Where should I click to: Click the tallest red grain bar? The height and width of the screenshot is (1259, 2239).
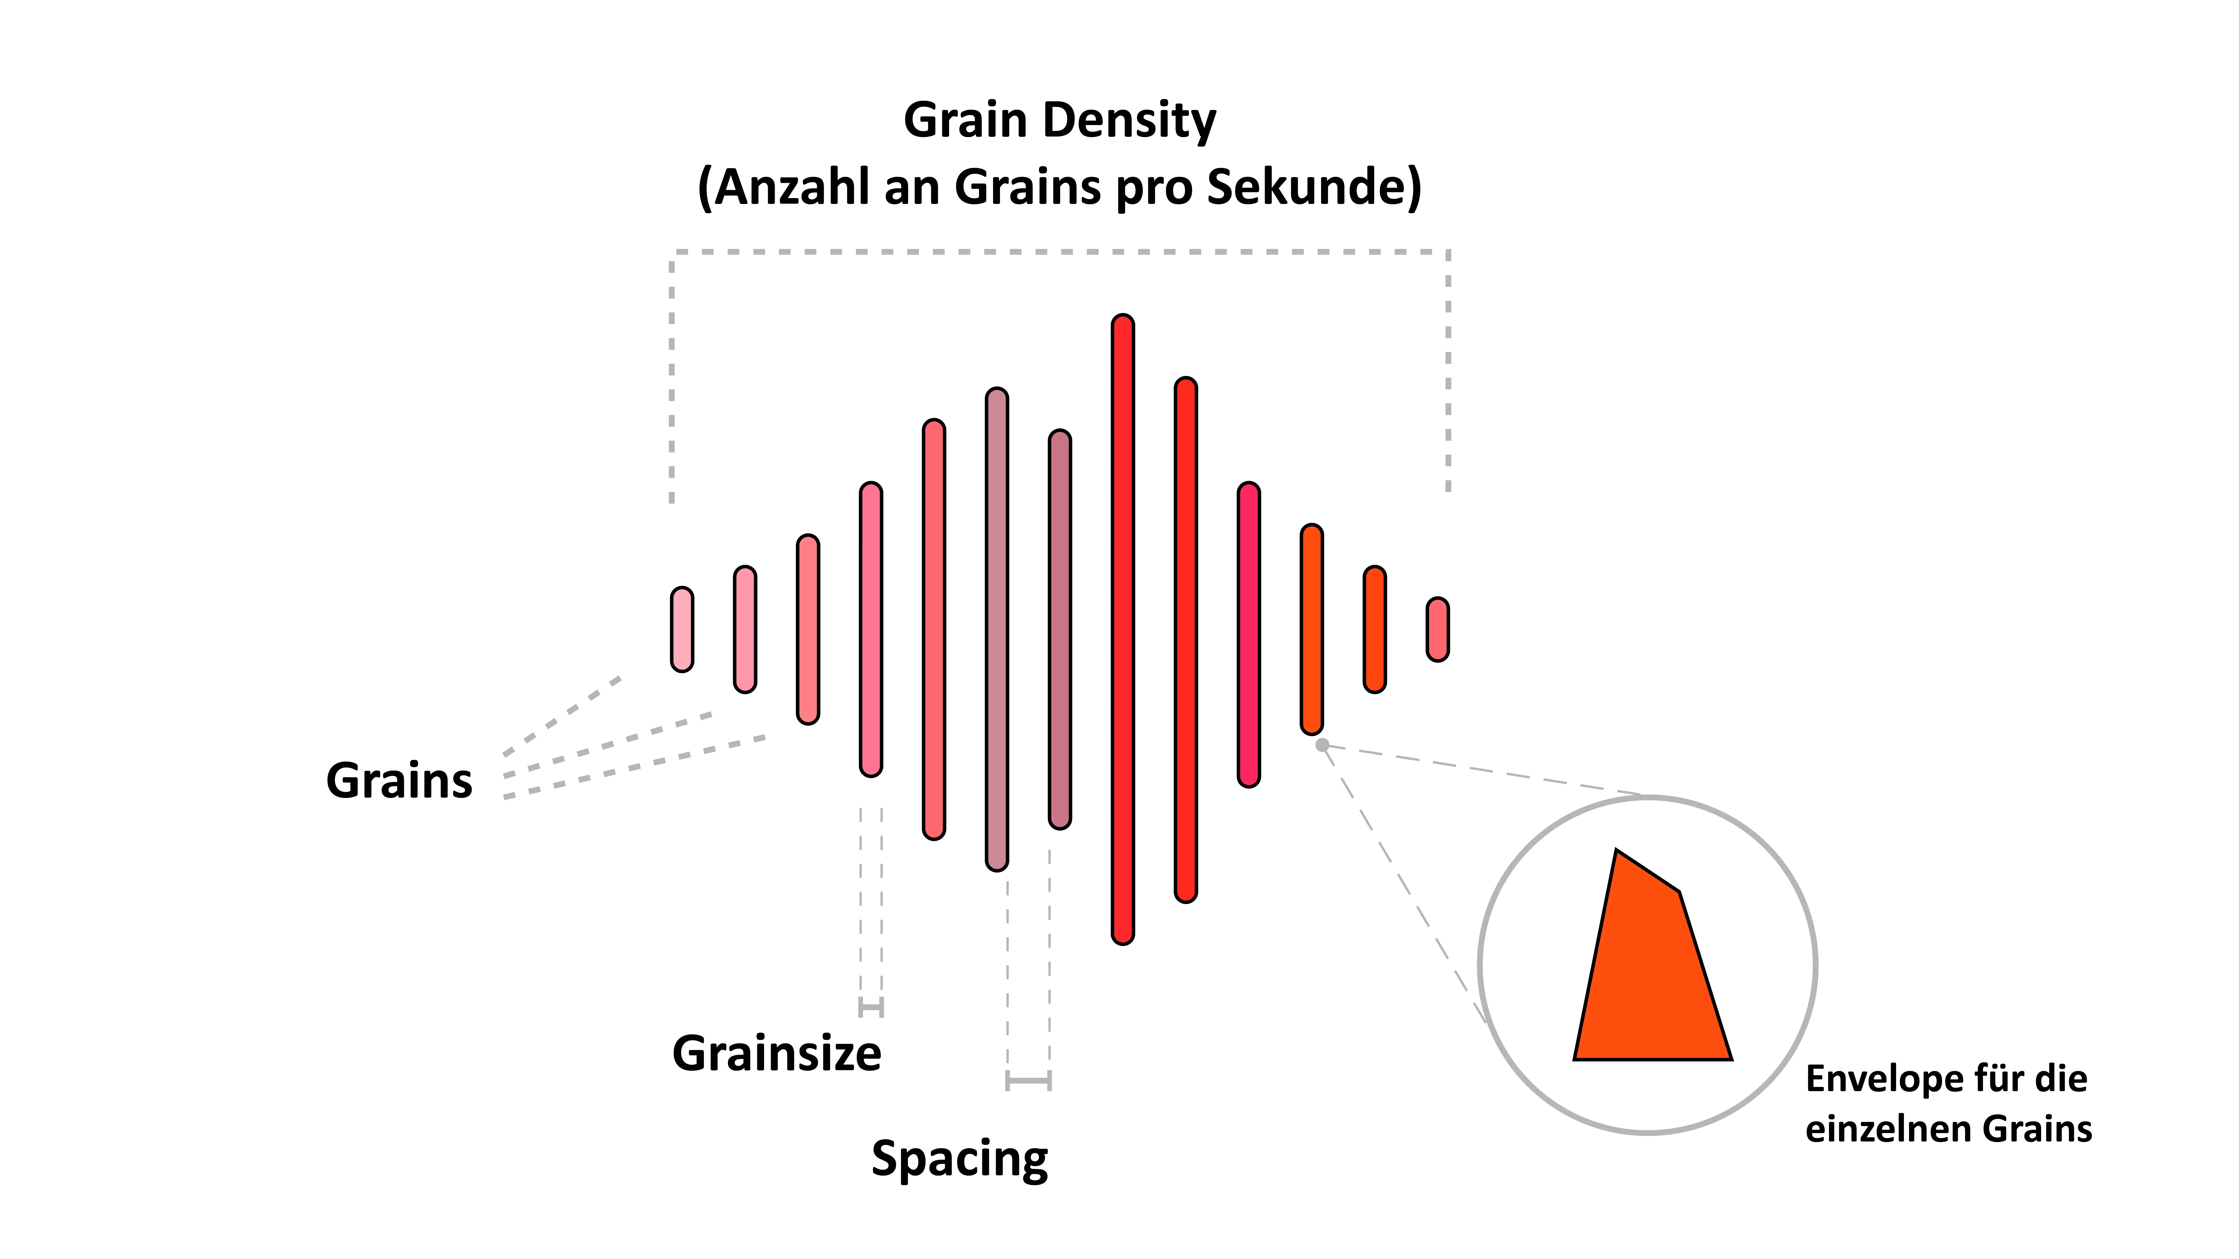point(1123,629)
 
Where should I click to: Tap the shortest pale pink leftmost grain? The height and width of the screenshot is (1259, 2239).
point(682,629)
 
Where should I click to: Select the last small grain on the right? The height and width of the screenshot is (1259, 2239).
point(1438,629)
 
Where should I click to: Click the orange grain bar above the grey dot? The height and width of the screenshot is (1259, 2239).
point(1311,629)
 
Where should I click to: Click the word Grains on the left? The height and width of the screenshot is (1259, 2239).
point(399,780)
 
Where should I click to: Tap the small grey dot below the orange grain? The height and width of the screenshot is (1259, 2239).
point(1322,744)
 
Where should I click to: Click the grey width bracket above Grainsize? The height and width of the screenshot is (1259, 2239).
point(871,1008)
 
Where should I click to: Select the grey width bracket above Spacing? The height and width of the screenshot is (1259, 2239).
point(1028,1081)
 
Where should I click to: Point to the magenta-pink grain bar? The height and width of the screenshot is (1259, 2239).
point(1249,634)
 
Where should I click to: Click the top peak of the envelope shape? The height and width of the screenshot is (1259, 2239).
point(1616,850)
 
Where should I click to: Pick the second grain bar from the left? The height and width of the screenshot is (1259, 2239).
point(745,629)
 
